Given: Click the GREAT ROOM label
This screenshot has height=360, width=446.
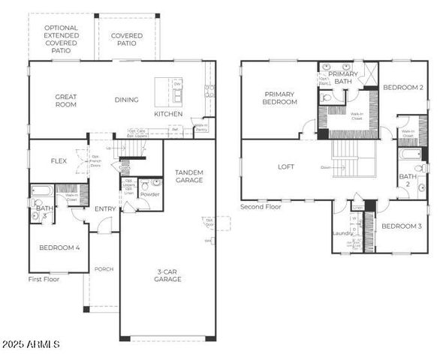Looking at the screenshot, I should (66, 100).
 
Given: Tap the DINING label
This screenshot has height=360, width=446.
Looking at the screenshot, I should (126, 99).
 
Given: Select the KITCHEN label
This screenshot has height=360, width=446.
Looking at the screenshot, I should (167, 113).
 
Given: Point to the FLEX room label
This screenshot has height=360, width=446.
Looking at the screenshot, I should (59, 160).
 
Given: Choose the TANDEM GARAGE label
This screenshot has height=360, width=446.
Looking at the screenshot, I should (189, 176).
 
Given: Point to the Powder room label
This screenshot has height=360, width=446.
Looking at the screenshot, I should (149, 193).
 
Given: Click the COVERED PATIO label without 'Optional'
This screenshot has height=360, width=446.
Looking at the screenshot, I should (127, 39).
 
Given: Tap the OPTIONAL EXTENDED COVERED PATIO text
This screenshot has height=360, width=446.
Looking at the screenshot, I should (61, 35).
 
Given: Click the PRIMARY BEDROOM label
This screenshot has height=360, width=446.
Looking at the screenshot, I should (279, 97).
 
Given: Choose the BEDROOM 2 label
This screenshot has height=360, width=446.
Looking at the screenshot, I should (403, 87).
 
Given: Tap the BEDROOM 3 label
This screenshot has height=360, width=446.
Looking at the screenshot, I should (400, 226).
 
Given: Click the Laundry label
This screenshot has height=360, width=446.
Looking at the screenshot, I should (342, 233).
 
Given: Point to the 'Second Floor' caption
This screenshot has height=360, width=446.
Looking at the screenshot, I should (261, 206).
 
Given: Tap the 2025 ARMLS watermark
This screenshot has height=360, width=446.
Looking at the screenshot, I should (30, 344).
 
